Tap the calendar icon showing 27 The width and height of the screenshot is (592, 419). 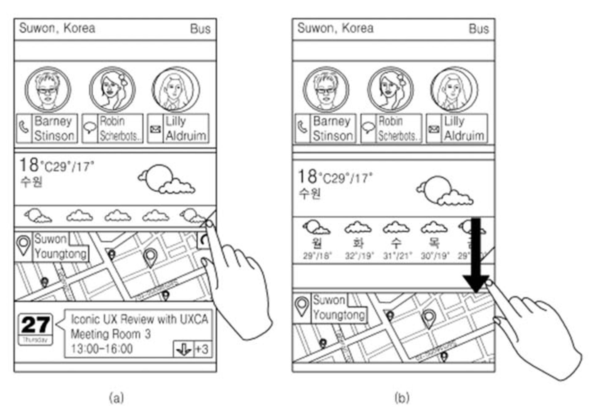coord(35,329)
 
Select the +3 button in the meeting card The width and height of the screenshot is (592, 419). coord(203,349)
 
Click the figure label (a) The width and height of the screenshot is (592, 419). coord(116,398)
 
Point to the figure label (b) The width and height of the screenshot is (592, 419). coord(402,398)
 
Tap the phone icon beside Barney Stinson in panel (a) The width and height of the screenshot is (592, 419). coord(24,128)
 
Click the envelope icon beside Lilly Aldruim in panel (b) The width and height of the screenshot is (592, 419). coord(434,128)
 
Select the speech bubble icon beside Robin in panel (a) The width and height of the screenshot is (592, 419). coord(90,128)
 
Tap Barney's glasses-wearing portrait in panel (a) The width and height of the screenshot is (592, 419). coord(48,90)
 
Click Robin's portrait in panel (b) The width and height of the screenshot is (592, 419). coord(390,90)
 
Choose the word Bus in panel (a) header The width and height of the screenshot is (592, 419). coord(200,29)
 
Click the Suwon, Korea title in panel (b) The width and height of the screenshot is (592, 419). coord(335,28)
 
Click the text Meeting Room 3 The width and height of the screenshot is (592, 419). coord(110,334)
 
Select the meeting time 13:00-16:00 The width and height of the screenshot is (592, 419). coord(102,349)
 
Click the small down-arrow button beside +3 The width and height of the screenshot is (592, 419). coord(183,349)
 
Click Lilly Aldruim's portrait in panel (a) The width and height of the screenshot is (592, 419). coord(175,90)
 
